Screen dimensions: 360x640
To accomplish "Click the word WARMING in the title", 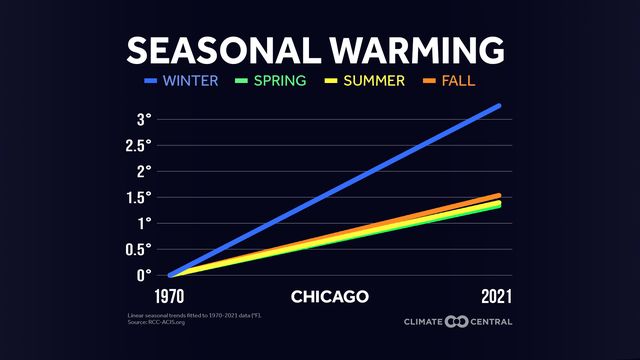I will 411,49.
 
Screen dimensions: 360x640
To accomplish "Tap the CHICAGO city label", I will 330,296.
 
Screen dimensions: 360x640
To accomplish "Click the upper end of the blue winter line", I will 497,106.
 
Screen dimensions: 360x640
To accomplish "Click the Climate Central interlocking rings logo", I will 456,321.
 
